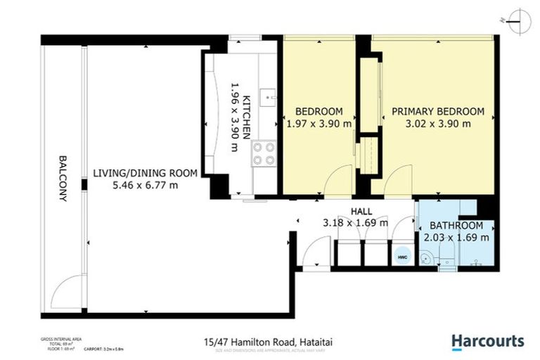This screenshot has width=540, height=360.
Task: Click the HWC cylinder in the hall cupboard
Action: (402, 258)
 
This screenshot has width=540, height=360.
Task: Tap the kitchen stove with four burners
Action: (264, 154)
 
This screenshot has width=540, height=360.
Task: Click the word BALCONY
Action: (63, 179)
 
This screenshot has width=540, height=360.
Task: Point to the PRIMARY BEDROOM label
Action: (437, 111)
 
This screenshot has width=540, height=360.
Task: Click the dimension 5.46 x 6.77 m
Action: (145, 185)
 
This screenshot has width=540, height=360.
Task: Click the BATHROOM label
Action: (456, 226)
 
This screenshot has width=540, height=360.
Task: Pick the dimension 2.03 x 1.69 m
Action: (456, 238)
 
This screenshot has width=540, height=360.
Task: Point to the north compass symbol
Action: (519, 20)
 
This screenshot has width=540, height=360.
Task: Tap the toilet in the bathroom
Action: (446, 263)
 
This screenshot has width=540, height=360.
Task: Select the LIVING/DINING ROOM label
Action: (145, 173)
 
